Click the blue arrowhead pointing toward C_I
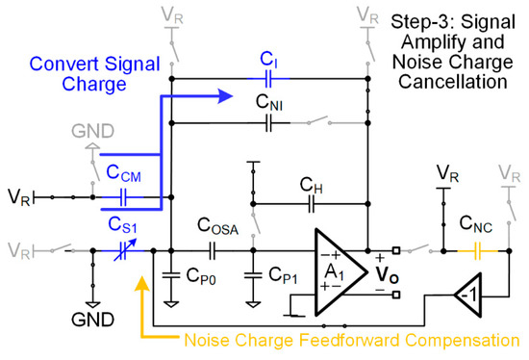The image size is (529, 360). click(226, 95)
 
